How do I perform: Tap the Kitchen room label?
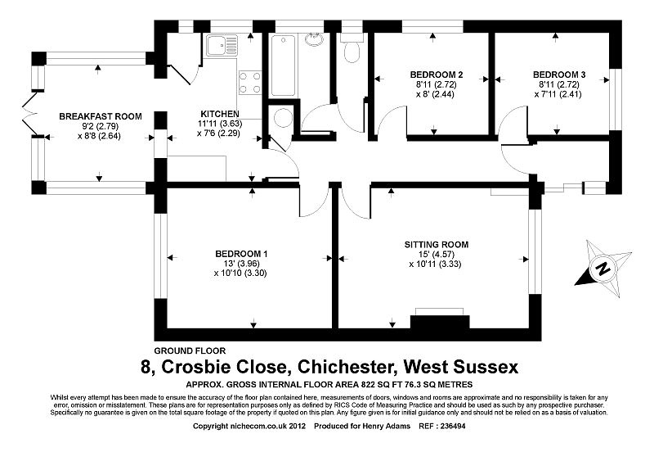220,114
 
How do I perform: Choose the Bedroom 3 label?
553,75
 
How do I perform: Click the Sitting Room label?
437,244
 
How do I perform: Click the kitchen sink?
220,46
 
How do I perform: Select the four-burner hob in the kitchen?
249,84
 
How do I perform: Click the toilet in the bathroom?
352,51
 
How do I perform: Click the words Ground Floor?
190,350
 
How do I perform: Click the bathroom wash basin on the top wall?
313,38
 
